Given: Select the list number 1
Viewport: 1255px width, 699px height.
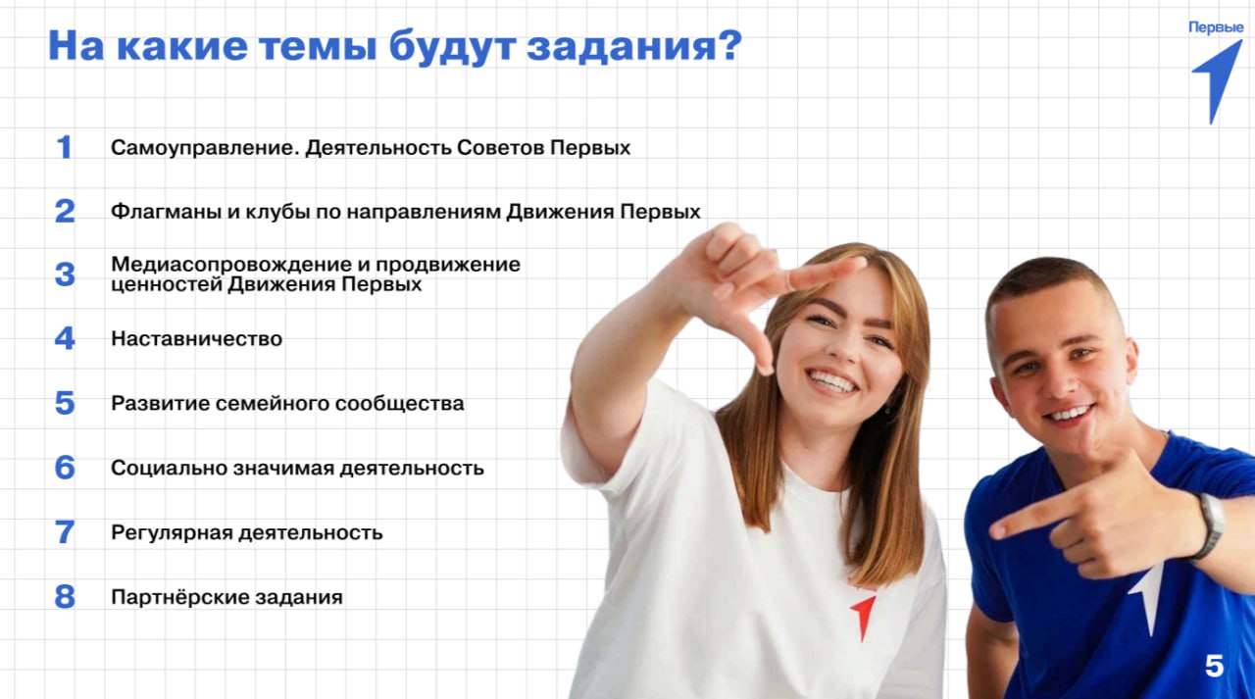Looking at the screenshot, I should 65,148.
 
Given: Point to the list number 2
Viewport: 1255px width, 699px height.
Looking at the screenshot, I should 65,211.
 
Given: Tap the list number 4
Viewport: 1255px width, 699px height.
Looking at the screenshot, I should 65,339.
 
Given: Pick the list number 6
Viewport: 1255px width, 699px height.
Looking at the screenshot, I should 65,468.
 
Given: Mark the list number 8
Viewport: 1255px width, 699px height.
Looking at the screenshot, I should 65,597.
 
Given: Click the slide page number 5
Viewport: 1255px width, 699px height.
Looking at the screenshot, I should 1214,667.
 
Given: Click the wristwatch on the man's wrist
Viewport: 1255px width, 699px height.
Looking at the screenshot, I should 1210,525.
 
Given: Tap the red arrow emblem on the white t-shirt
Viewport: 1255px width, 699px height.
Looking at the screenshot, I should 863,615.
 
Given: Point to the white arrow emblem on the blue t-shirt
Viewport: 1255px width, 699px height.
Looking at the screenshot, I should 1147,593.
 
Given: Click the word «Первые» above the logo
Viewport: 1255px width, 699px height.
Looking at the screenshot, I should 1216,27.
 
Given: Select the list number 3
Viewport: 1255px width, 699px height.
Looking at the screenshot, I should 65,275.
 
